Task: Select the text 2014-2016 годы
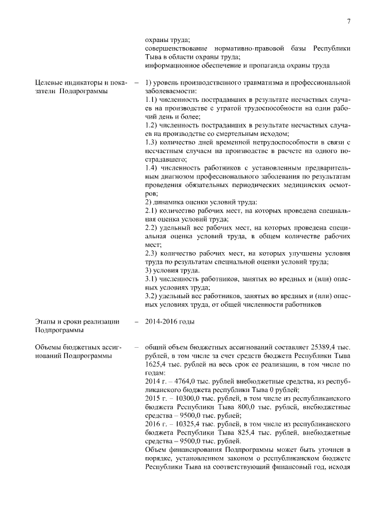point(170,321)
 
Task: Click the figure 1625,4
point(156,365)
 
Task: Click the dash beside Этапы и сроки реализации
point(136,321)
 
